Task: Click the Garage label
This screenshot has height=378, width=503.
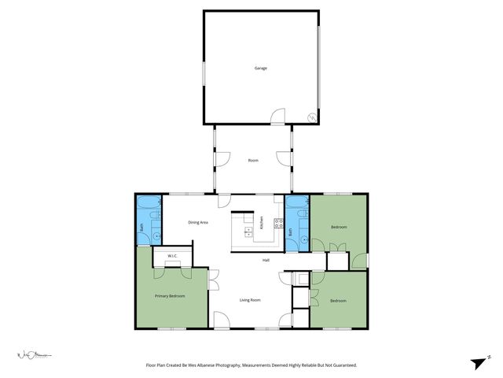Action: [x=260, y=68]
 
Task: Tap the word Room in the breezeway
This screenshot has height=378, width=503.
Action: [x=253, y=161]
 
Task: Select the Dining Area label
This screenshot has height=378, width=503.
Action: [x=198, y=223]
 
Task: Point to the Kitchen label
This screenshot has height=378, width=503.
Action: [x=262, y=223]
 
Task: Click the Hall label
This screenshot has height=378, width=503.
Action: [x=266, y=260]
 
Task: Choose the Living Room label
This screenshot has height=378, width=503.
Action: [x=250, y=300]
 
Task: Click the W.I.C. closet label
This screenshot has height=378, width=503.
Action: [x=172, y=255]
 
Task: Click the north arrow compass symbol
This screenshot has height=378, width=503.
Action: [x=478, y=362]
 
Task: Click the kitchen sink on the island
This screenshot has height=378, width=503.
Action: [x=248, y=232]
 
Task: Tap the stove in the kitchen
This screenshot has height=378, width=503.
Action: [x=277, y=223]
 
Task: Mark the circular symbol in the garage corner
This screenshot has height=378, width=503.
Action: [x=312, y=117]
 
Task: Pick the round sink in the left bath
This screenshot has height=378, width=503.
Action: [x=156, y=235]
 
